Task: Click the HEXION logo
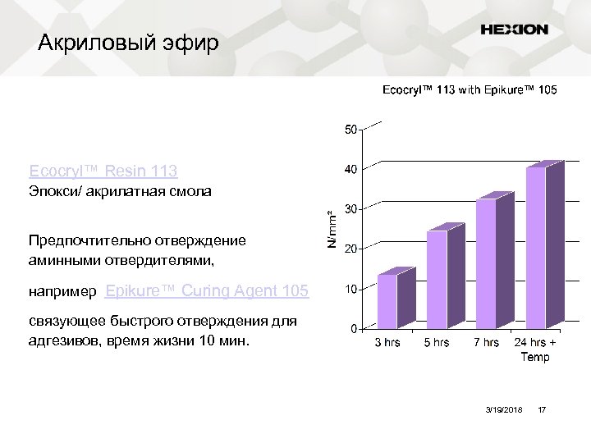point(514,30)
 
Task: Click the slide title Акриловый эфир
point(129,43)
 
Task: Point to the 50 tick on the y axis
point(350,130)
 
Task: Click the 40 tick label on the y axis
point(350,170)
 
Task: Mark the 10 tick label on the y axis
point(350,290)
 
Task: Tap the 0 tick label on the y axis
point(354,330)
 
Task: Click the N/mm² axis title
point(332,229)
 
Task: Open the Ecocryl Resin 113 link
point(103,171)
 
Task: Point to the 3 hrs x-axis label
point(387,343)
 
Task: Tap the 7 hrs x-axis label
point(486,343)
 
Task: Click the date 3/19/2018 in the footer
point(503,409)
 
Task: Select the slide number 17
point(541,409)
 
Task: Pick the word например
point(62,291)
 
